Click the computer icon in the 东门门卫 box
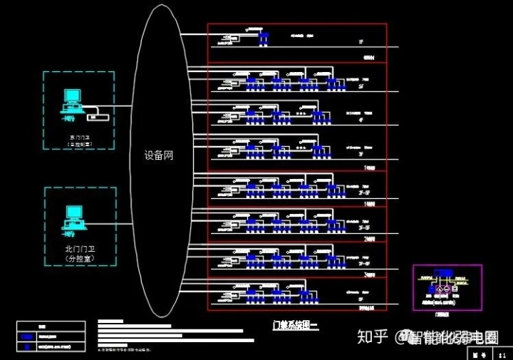pyautogui.click(x=72, y=100)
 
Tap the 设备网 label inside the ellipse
pyautogui.click(x=158, y=155)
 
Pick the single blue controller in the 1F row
pyautogui.click(x=264, y=37)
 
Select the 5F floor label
pyautogui.click(x=364, y=86)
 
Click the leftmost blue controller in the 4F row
pyautogui.click(x=252, y=116)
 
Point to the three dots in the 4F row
pyautogui.click(x=300, y=113)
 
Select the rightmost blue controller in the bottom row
pyautogui.click(x=304, y=294)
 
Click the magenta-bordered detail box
pyautogui.click(x=447, y=288)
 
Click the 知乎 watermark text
pyautogui.click(x=372, y=336)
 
